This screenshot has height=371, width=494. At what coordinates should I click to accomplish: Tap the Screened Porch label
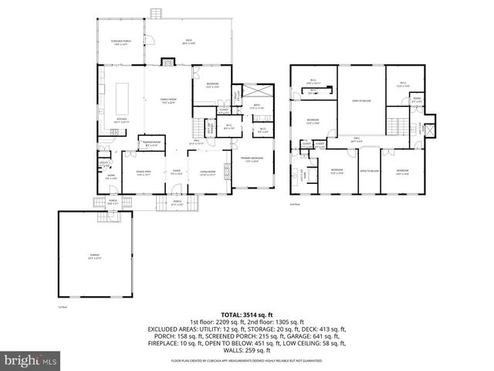(120, 43)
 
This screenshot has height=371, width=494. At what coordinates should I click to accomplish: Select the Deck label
(188, 42)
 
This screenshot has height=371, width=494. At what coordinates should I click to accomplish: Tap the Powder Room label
(152, 144)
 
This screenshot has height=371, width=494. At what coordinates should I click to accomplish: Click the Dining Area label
(144, 172)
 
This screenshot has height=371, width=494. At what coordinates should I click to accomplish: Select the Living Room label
(207, 172)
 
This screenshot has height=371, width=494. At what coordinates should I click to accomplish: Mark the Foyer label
(176, 172)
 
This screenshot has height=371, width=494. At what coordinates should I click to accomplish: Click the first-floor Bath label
(257, 107)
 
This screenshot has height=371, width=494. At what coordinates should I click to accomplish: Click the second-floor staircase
(398, 126)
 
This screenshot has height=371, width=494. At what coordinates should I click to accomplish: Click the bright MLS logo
(31, 360)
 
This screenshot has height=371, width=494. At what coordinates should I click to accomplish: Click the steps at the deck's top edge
(157, 13)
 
